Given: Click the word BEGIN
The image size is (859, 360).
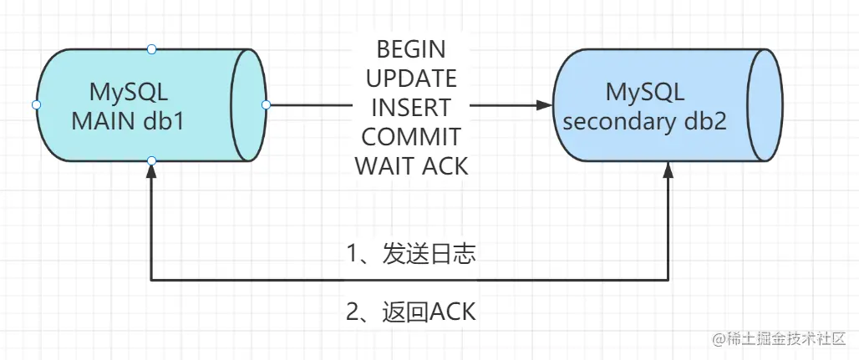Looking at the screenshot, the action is (411, 50).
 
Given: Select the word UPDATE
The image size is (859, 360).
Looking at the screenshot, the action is (411, 79).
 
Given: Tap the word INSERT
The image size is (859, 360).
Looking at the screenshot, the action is (411, 108).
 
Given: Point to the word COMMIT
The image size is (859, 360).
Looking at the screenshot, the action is (411, 137).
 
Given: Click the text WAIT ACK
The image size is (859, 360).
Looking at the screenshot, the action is (411, 166).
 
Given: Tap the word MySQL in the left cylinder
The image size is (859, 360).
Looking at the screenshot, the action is (128, 92).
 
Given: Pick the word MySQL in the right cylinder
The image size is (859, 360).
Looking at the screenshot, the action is (645, 92).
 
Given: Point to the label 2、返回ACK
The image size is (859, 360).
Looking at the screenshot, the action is (411, 312).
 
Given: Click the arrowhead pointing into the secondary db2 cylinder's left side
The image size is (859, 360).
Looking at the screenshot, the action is (545, 104).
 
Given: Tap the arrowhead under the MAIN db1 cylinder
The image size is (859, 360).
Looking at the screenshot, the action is (152, 170).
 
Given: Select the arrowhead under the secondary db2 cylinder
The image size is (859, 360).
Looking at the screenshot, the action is (668, 170).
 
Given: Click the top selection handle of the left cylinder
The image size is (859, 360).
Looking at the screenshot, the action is (152, 49).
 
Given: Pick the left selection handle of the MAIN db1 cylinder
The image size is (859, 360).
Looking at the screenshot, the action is (36, 104).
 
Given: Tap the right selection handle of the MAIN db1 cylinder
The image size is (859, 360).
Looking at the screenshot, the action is (267, 104).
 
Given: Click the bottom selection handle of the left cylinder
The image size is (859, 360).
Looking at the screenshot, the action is (152, 160).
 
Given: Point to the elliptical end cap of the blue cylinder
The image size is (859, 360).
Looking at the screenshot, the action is (765, 104).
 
